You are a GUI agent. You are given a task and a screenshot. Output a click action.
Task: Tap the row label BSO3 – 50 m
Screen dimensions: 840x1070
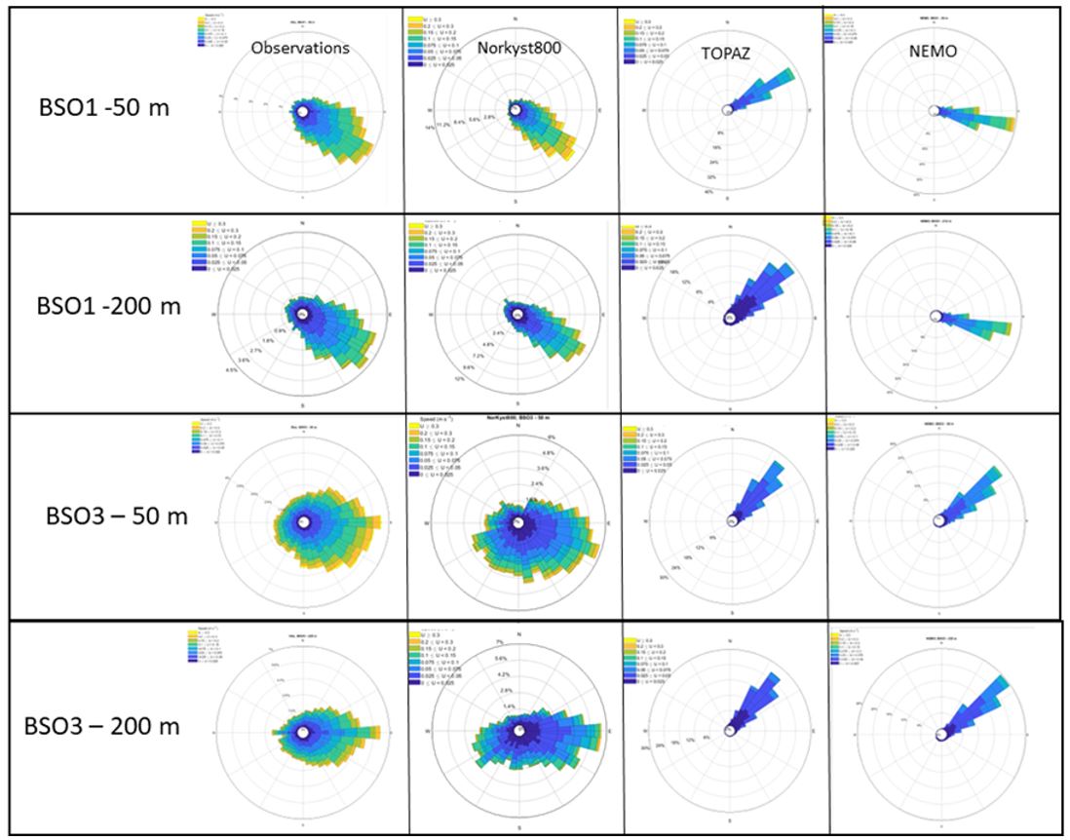(x=117, y=515)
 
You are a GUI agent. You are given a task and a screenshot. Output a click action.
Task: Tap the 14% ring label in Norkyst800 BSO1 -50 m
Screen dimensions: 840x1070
(x=428, y=128)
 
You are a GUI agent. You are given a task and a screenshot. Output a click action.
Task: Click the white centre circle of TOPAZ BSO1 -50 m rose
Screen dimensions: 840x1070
(x=729, y=110)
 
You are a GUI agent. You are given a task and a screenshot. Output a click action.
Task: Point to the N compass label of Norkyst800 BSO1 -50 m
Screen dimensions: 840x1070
(x=517, y=16)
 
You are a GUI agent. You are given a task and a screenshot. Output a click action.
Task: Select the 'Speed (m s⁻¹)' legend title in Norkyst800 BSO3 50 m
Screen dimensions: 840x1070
(x=435, y=417)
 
